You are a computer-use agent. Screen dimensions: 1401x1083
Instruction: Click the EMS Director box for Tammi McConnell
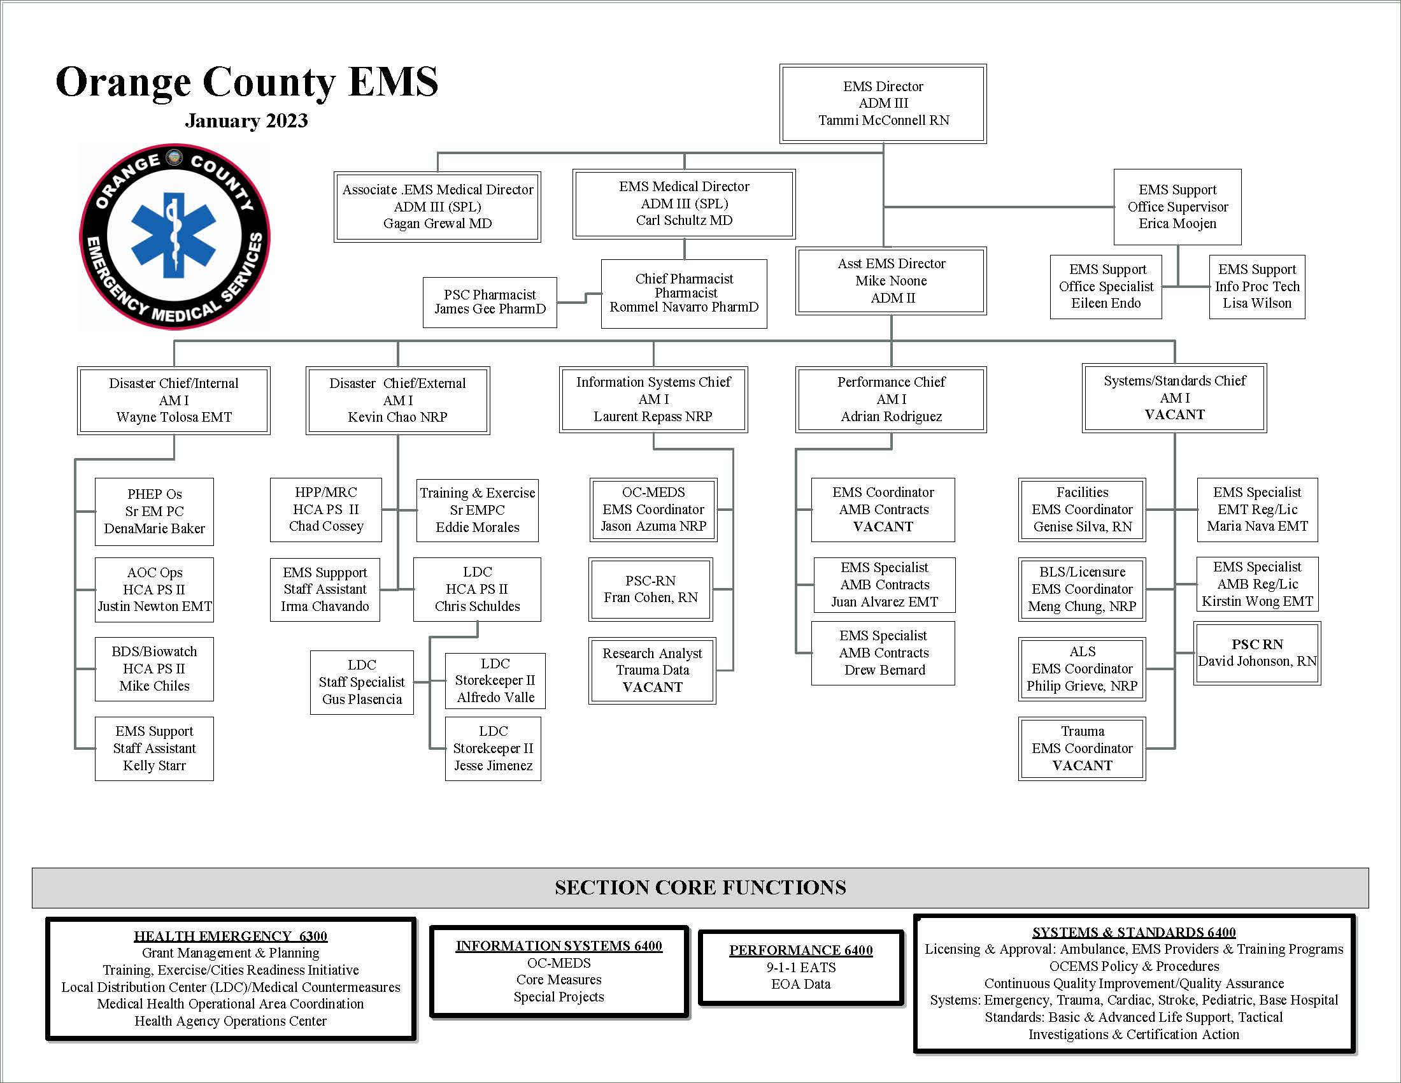(883, 103)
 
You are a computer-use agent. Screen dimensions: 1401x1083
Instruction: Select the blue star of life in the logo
(173, 235)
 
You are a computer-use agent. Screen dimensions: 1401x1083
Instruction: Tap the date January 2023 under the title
(246, 120)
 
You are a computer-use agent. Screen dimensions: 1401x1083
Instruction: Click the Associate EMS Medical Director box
(437, 206)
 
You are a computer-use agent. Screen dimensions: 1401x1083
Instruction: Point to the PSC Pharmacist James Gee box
(490, 302)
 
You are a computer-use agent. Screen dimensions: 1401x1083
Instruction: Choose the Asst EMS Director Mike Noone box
(891, 281)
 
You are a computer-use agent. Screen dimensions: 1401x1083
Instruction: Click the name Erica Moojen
(1177, 223)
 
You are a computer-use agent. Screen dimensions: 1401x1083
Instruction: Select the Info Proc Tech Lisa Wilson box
(1256, 287)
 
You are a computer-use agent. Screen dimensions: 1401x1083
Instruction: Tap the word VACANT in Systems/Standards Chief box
(1174, 415)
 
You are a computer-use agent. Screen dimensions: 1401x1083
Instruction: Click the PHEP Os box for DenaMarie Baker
(155, 512)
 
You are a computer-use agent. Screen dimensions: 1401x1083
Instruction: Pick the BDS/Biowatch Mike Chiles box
(155, 668)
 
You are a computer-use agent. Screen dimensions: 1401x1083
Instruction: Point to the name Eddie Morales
(477, 527)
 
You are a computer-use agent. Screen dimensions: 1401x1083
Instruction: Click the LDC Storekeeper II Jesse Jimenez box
(494, 748)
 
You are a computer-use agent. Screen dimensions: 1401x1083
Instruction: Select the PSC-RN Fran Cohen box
(650, 589)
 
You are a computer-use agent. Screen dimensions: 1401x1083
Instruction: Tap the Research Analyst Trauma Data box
(651, 670)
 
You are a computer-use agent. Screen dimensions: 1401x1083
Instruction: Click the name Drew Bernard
(885, 670)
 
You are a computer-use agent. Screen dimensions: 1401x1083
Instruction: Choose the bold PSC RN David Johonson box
(1256, 653)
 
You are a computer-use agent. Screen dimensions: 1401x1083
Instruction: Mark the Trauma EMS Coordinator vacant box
(1082, 748)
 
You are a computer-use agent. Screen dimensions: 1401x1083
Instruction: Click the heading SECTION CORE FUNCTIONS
(700, 887)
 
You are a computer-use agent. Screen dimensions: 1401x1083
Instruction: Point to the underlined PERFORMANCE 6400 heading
(800, 950)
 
